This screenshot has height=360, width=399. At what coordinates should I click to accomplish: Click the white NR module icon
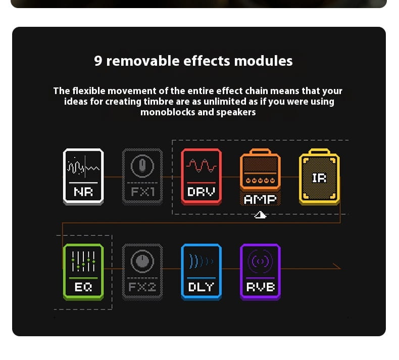click(x=83, y=176)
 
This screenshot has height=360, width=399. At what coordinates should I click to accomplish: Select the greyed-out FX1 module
click(x=142, y=176)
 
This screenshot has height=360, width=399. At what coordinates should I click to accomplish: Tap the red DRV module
click(x=202, y=176)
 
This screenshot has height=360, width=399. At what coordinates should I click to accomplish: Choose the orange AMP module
click(x=260, y=177)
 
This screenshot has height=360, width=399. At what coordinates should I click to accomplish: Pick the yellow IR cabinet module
click(x=319, y=176)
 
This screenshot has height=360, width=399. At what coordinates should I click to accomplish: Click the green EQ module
click(x=83, y=272)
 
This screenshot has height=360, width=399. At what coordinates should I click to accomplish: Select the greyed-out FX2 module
click(x=142, y=272)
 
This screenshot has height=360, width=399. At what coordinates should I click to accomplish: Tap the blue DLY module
click(x=202, y=272)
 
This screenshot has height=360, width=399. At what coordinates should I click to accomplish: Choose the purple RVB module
click(x=260, y=272)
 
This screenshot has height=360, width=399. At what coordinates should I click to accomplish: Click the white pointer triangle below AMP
click(x=260, y=215)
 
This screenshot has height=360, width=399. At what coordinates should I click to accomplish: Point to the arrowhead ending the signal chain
click(x=337, y=266)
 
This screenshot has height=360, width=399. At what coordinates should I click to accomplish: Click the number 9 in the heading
click(x=98, y=61)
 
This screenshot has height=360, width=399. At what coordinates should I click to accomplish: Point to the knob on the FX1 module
click(x=142, y=166)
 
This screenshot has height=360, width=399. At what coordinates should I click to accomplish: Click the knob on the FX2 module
click(x=142, y=261)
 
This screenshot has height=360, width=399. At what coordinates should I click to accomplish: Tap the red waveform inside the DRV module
click(x=202, y=166)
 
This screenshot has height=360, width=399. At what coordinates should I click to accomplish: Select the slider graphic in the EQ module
click(x=83, y=261)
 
